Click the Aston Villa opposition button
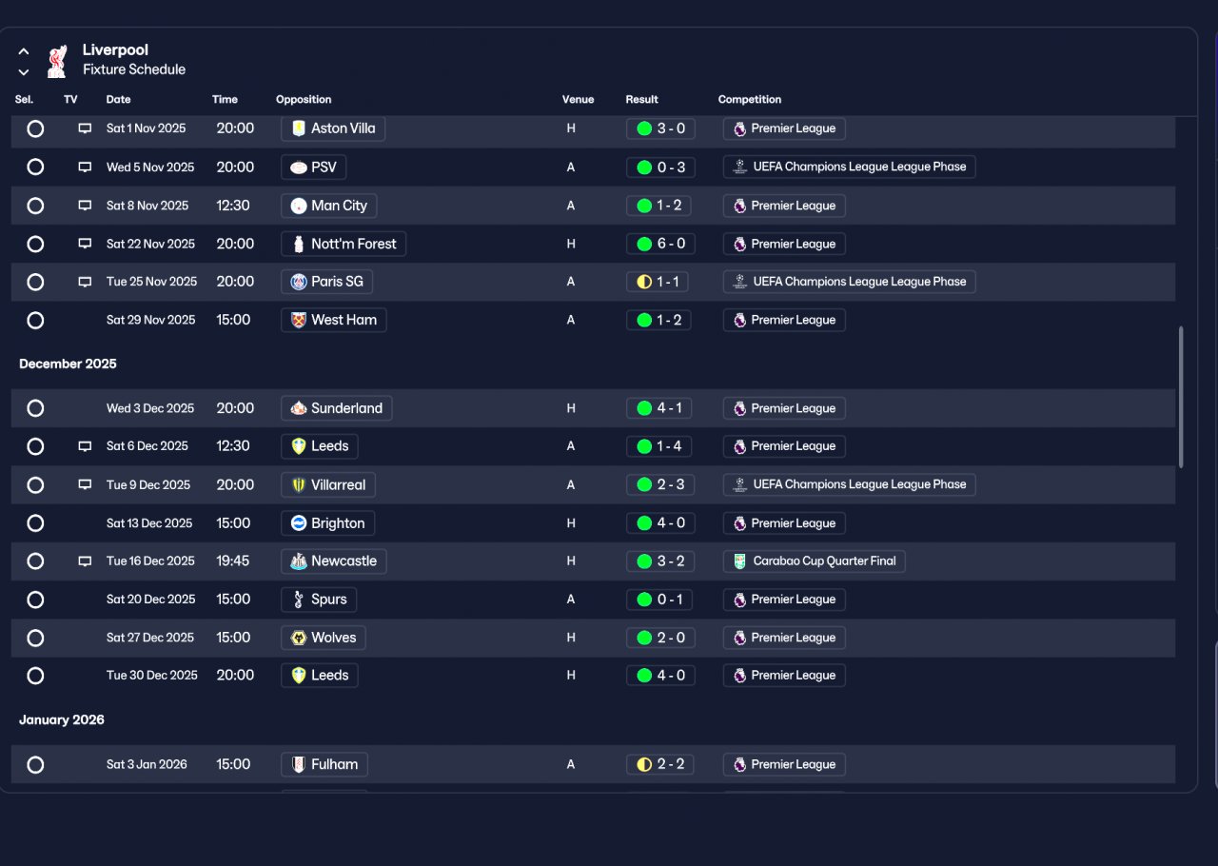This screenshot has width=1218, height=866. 333,128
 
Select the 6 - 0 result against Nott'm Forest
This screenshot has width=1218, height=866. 660,244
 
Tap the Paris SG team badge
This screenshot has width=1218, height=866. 299,282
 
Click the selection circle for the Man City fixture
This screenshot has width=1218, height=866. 35,206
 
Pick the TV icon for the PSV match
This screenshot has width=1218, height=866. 85,167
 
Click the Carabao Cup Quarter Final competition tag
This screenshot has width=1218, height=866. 814,561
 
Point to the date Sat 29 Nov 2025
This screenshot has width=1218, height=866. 150,320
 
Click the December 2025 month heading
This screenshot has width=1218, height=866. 68,364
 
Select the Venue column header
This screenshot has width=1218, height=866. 578,100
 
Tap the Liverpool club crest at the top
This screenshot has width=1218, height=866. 57,61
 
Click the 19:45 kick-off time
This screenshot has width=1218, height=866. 233,561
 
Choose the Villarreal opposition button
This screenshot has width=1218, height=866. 328,484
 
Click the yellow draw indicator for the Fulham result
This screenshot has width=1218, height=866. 644,764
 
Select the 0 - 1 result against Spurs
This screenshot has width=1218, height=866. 659,600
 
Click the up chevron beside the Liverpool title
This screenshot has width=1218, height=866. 24,51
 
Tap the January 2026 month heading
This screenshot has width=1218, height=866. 62,719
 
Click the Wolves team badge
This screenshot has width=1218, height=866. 299,638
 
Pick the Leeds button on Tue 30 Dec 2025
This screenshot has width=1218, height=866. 320,676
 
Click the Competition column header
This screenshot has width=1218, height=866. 749,100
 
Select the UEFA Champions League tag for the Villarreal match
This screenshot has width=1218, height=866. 850,484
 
